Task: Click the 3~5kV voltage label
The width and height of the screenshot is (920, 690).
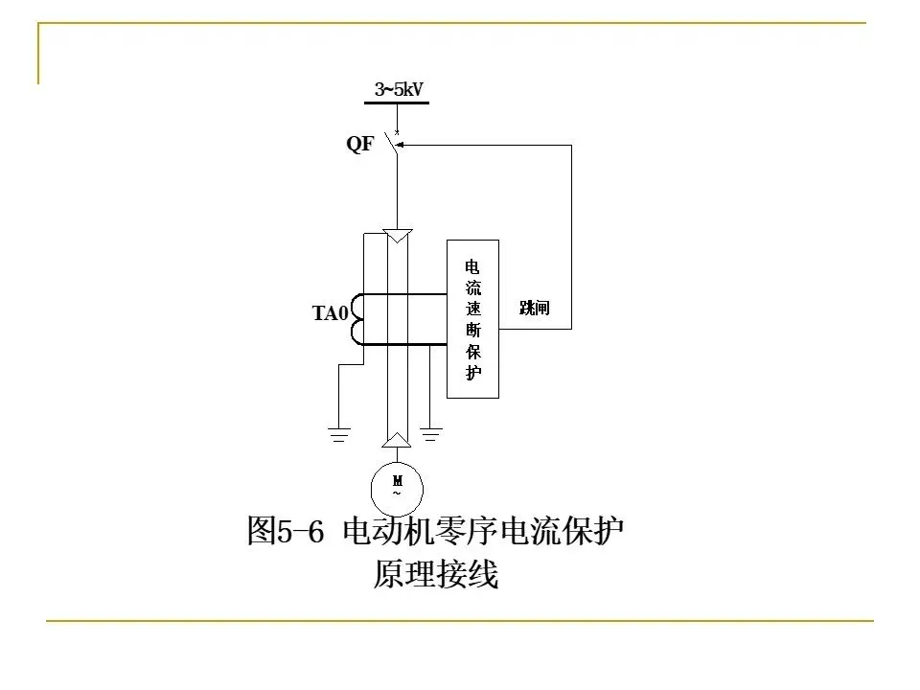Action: coord(399,89)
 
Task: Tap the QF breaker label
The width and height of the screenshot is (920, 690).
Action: coord(360,146)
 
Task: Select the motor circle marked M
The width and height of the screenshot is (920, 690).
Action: coord(397,487)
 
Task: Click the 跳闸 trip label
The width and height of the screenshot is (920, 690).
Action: coord(534,308)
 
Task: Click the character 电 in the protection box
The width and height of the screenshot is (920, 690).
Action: coord(472,266)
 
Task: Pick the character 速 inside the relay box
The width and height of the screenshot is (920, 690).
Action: coord(472,309)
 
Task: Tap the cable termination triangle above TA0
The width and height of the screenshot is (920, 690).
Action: coord(397,235)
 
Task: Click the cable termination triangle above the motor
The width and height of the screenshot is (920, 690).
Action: coord(397,440)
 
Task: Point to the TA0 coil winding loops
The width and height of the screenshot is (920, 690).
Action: coord(356,318)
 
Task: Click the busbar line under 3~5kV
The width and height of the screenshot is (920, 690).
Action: coord(397,102)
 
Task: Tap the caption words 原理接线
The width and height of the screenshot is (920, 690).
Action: coord(436,575)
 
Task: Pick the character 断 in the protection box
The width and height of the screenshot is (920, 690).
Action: coord(472,330)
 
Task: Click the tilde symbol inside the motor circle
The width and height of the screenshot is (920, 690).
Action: coord(397,493)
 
